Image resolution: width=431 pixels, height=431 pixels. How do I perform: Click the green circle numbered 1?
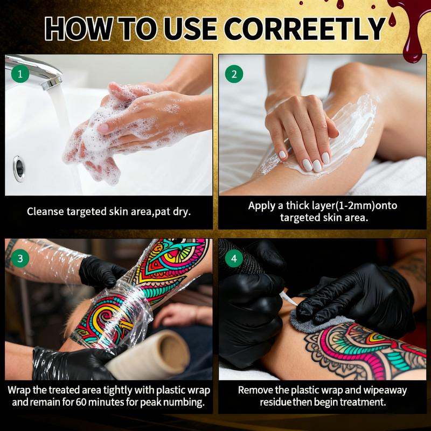point(20,74)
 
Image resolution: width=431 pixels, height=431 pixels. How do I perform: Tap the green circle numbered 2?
point(234,74)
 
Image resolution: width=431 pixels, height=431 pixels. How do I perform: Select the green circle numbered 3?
point(20,259)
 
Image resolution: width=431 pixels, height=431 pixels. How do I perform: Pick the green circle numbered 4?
point(234,259)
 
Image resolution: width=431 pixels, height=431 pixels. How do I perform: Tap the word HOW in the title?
point(78,29)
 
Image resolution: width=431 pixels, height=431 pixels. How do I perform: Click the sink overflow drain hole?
point(19,168)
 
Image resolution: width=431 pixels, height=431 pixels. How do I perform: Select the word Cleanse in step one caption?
point(45,212)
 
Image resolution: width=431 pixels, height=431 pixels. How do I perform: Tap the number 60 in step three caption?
point(82,402)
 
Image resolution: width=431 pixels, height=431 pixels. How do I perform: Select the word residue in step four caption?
point(276,402)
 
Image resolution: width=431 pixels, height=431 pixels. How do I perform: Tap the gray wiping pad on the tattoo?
point(316,323)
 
